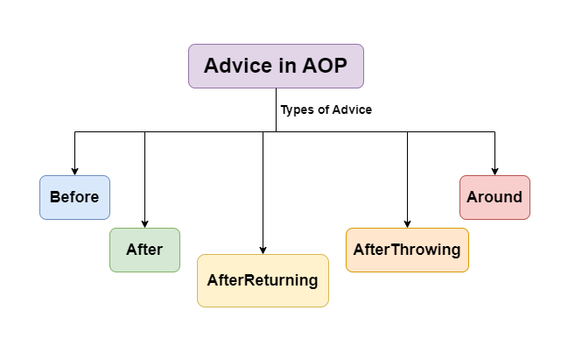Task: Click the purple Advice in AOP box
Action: (x=276, y=66)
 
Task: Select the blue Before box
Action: (x=74, y=197)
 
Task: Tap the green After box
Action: (x=144, y=250)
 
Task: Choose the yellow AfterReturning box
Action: (x=263, y=280)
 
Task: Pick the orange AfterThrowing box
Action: (x=407, y=250)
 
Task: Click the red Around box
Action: (x=494, y=197)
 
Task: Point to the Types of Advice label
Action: (x=326, y=110)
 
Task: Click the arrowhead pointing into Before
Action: (x=74, y=171)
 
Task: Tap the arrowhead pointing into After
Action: (x=144, y=223)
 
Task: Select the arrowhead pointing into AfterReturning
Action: (x=263, y=250)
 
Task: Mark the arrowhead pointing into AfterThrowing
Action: (x=407, y=223)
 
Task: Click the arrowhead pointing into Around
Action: (x=494, y=171)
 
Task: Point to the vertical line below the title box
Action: (x=276, y=109)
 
